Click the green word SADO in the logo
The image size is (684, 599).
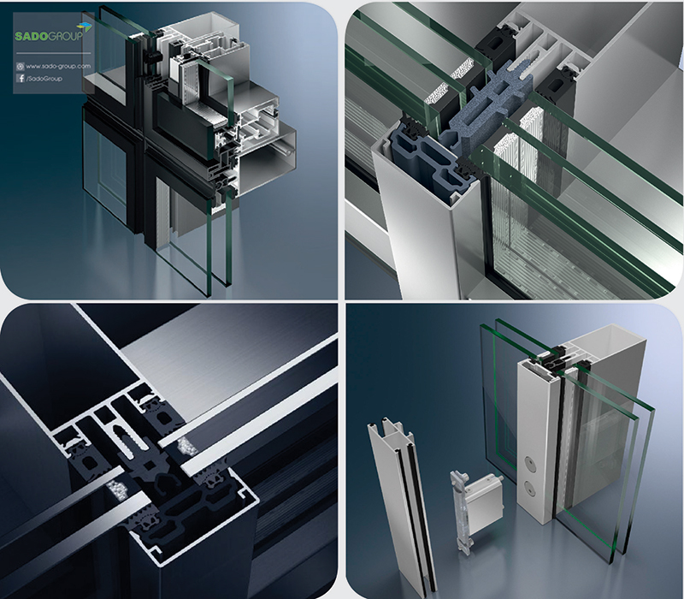pyautogui.click(x=31, y=36)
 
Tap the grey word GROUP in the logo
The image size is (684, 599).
pyautogui.click(x=65, y=36)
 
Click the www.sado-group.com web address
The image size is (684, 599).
pyautogui.click(x=58, y=67)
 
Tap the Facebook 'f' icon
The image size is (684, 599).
pyautogui.click(x=20, y=78)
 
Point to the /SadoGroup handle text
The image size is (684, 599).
pyautogui.click(x=44, y=79)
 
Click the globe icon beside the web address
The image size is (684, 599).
pyautogui.click(x=20, y=67)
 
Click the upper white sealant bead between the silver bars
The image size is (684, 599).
pyautogui.click(x=186, y=446)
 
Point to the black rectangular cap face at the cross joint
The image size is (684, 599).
pyautogui.click(x=184, y=129)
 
